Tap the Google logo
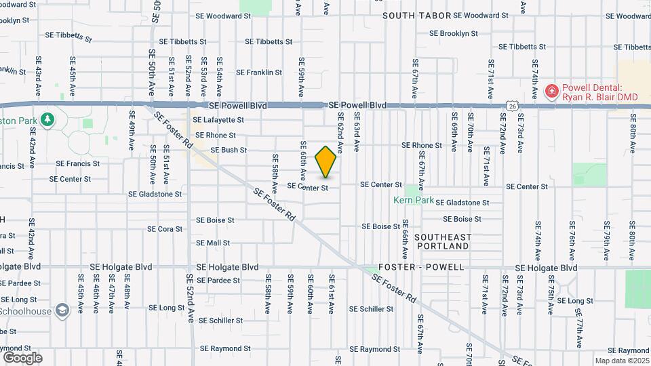[22, 357]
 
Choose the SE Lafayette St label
[218, 120]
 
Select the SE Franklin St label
[258, 73]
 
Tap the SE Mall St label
[213, 243]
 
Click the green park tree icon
[47, 120]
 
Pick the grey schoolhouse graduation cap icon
[63, 310]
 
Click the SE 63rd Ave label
[356, 131]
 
